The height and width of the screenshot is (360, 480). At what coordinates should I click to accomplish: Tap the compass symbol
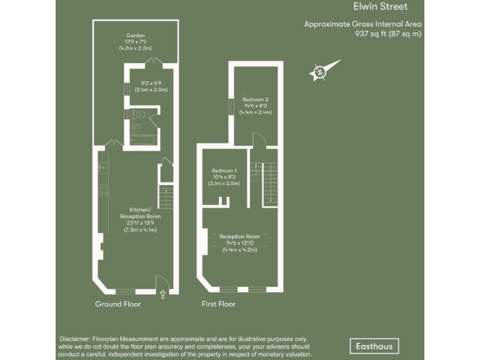321,72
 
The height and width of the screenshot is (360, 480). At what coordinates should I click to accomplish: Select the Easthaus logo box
373,346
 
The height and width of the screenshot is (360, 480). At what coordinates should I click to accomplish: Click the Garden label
136,36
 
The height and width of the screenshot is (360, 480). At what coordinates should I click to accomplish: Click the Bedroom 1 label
224,171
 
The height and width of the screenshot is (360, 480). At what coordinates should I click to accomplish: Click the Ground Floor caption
117,304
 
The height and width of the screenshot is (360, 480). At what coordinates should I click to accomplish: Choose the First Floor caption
218,304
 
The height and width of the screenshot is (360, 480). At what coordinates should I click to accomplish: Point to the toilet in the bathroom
141,115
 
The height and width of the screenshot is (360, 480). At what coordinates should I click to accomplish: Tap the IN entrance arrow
162,294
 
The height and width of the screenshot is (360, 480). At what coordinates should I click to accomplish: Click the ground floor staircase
166,197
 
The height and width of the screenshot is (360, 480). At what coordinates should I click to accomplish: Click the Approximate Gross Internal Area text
362,24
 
